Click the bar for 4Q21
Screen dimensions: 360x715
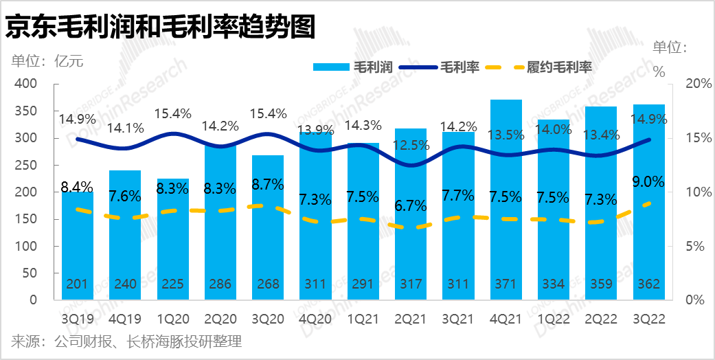[x=506, y=206]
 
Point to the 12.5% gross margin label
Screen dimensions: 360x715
[x=411, y=146]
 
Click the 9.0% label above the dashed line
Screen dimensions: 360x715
[x=649, y=182]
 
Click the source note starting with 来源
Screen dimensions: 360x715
[x=126, y=341]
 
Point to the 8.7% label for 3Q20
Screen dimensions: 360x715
[x=269, y=184]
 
